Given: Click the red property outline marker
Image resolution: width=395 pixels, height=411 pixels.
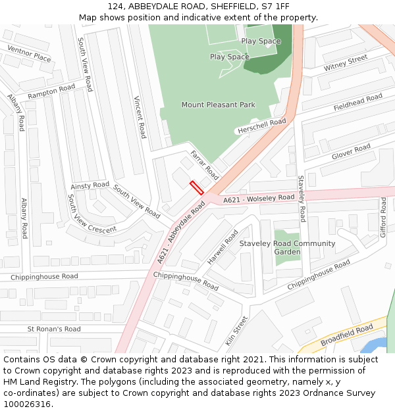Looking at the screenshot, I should pos(196,187).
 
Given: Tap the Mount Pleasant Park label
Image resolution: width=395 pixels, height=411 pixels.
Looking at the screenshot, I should pos(218,105).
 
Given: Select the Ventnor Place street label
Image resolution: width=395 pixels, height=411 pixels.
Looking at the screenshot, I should pos(29,54).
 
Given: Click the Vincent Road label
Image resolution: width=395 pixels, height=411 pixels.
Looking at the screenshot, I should pos(140,117).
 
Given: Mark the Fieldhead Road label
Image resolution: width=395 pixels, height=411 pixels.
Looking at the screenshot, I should pos(357,102).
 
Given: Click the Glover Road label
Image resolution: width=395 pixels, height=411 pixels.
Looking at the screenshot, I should pos(351,152).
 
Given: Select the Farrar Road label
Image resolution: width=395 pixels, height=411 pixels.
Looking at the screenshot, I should pos(204,164).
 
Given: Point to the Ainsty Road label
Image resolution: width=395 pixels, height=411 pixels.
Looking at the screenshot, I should pos(90,185).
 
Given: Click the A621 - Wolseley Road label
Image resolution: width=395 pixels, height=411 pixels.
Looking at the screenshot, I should pos(259,199).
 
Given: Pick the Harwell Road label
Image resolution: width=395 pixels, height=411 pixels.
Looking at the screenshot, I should pos(223,247).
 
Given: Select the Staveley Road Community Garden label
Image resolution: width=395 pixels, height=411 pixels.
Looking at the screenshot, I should pos(287,247).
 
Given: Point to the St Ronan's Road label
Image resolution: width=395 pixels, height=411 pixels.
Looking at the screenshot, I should pos(54,329).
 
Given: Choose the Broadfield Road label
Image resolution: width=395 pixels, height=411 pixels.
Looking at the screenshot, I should pos(346,335).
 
